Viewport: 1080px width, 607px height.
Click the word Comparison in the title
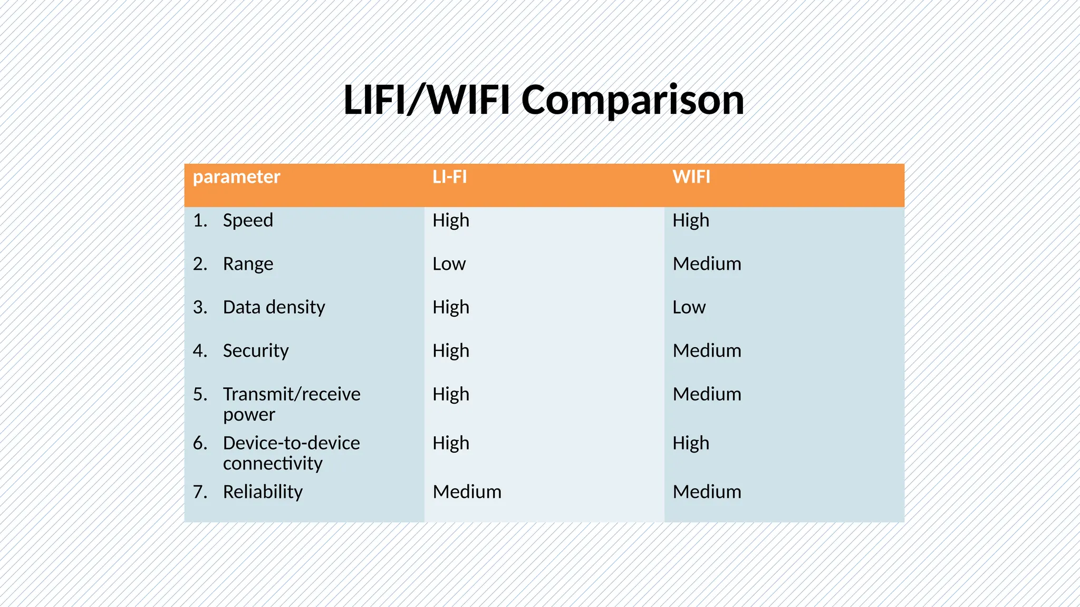pyautogui.click(x=632, y=100)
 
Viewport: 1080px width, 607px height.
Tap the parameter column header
pyautogui.click(x=236, y=177)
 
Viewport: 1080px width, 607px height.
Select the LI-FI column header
pyautogui.click(x=449, y=177)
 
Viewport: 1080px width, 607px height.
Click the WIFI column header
pyautogui.click(x=691, y=177)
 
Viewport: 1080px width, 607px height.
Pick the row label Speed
pyautogui.click(x=248, y=220)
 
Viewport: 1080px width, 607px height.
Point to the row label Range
pyautogui.click(x=248, y=264)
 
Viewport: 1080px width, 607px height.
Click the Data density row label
pyautogui.click(x=274, y=307)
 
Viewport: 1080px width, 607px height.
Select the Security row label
pyautogui.click(x=256, y=351)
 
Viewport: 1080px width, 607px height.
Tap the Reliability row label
pyautogui.click(x=263, y=492)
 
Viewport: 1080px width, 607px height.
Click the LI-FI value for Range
pyautogui.click(x=449, y=264)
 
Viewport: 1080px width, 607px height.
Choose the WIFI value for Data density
pyautogui.click(x=689, y=307)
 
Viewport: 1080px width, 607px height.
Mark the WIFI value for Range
pyautogui.click(x=707, y=264)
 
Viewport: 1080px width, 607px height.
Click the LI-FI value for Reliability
pyautogui.click(x=467, y=492)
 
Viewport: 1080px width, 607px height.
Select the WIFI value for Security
pyautogui.click(x=707, y=351)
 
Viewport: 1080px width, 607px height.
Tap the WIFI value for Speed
pyautogui.click(x=690, y=220)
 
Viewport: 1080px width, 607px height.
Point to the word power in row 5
pyautogui.click(x=249, y=415)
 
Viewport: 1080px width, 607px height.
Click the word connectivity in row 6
pyautogui.click(x=273, y=464)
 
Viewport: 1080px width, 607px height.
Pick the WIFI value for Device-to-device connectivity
pyautogui.click(x=690, y=443)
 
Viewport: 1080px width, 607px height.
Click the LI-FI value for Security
pyautogui.click(x=450, y=351)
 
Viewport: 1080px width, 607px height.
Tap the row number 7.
pyautogui.click(x=199, y=492)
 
